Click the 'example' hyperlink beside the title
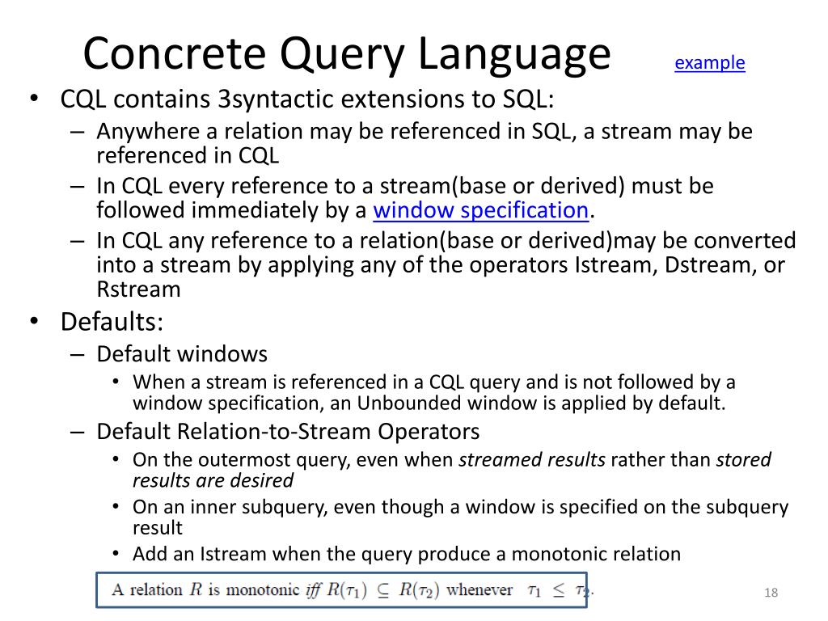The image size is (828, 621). (x=709, y=63)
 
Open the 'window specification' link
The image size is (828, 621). (x=480, y=211)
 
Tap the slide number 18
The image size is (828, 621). (x=770, y=594)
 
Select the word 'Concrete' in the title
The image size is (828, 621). (x=175, y=55)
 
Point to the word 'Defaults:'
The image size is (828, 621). (x=112, y=322)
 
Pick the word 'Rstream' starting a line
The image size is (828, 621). (x=138, y=289)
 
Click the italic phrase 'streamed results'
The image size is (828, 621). (x=532, y=460)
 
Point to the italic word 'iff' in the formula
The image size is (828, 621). (x=313, y=589)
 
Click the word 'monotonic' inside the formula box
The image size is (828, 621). (x=261, y=589)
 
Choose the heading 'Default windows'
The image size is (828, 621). (x=182, y=354)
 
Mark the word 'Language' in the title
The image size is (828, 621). (x=515, y=55)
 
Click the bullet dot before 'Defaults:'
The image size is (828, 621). (x=34, y=322)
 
